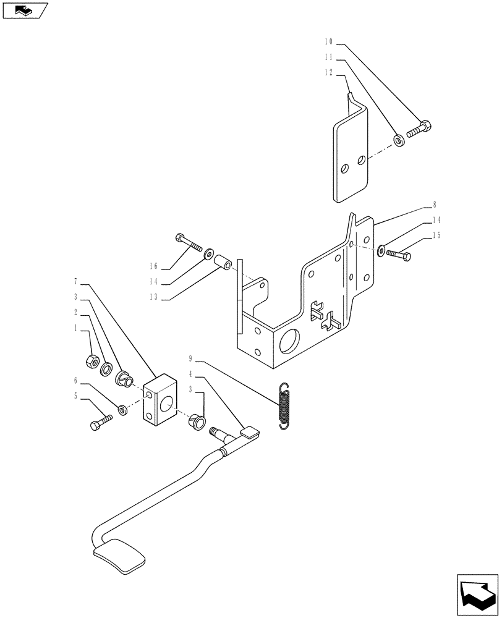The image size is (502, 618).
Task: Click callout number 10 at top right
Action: point(328,42)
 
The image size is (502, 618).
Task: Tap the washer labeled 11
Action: point(399,142)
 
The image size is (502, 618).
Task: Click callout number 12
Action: point(328,72)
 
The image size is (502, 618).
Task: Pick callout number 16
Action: point(153,266)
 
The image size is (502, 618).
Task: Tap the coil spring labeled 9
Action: point(284,405)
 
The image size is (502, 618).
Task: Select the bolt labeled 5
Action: point(102,423)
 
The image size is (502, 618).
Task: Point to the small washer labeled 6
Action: point(122,410)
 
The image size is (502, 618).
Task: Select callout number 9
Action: point(192,358)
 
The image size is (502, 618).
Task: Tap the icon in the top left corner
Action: point(25,10)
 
